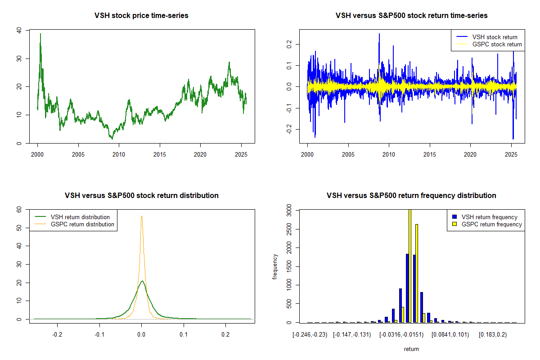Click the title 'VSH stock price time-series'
(141, 16)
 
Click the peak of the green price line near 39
(40, 34)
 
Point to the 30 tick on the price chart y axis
(18, 58)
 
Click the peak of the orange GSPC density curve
(141, 216)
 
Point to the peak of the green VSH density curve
(142, 281)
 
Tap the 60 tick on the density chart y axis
(18, 210)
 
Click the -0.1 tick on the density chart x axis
(99, 335)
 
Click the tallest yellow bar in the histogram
(409, 265)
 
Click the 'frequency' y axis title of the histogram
(275, 266)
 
